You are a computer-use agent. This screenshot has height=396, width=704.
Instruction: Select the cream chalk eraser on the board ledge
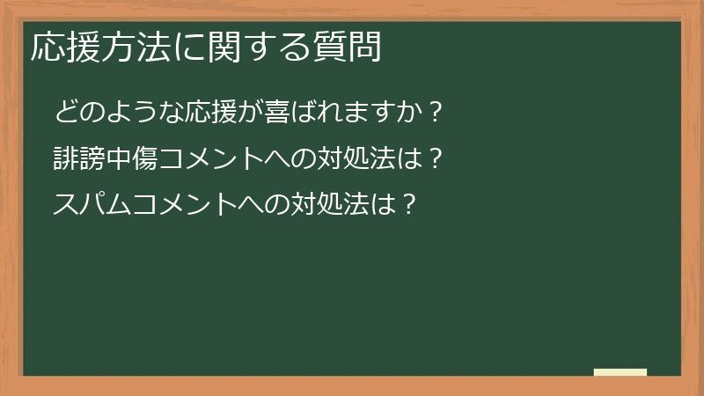pyautogui.click(x=620, y=372)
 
